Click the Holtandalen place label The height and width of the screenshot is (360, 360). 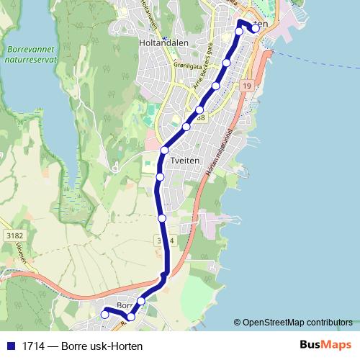click(x=159, y=42)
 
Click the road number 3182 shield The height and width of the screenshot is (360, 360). click(x=14, y=235)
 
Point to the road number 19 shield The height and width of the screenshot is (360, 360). click(x=247, y=86)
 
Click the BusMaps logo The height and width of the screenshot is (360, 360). click(x=325, y=345)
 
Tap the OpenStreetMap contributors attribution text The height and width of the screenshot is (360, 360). click(x=297, y=323)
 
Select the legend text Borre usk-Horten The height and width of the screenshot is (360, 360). click(x=102, y=346)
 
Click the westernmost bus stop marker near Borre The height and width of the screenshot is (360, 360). click(x=104, y=314)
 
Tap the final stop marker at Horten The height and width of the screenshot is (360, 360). click(x=254, y=29)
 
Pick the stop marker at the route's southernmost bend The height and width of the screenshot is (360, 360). click(x=130, y=317)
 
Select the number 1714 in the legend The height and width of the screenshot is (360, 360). click(x=33, y=346)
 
